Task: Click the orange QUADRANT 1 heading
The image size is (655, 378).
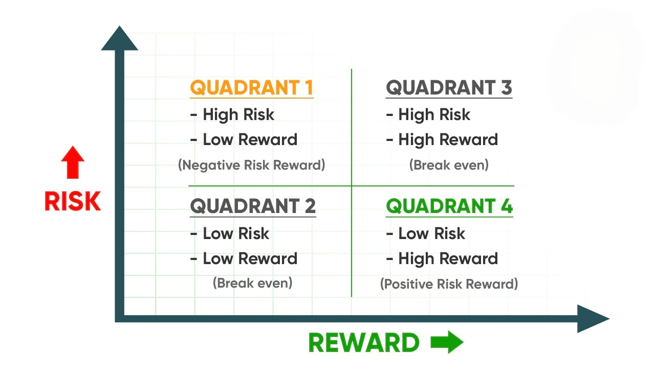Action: click(251, 87)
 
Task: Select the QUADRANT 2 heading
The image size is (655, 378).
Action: click(253, 206)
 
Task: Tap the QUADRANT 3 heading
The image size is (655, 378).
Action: click(449, 87)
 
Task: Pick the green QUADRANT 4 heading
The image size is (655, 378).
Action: click(449, 206)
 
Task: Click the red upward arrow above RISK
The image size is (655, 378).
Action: click(73, 162)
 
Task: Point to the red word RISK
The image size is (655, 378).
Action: click(73, 201)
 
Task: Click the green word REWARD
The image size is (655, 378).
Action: click(364, 343)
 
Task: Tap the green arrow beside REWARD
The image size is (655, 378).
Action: click(447, 342)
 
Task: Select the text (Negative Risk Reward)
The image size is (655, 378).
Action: click(251, 165)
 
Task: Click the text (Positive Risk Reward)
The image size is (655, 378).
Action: click(449, 284)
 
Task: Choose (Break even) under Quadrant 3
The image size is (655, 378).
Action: click(449, 165)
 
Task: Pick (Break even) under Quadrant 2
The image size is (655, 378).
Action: click(253, 283)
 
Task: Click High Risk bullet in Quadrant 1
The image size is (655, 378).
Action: click(232, 115)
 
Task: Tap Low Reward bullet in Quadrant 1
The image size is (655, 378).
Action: click(244, 139)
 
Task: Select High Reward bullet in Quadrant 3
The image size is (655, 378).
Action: click(442, 140)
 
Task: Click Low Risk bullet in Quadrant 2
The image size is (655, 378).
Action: click(230, 233)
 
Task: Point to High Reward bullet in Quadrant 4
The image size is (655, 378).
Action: click(442, 259)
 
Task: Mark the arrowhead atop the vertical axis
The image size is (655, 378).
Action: click(119, 38)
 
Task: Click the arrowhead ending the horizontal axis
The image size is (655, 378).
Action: click(593, 319)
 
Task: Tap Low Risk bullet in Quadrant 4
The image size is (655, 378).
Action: click(425, 233)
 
